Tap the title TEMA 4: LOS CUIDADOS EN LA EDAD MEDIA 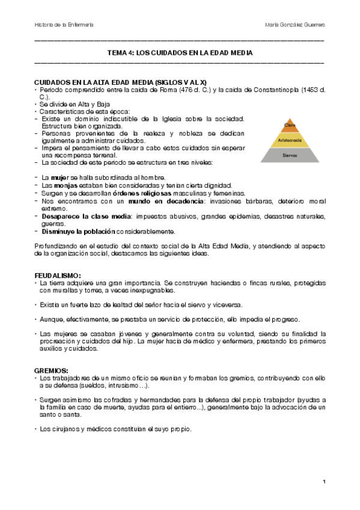180,53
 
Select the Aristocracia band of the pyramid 290,140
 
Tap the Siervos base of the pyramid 290,155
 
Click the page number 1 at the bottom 324,482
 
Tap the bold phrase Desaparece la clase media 83,216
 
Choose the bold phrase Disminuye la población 78,231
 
